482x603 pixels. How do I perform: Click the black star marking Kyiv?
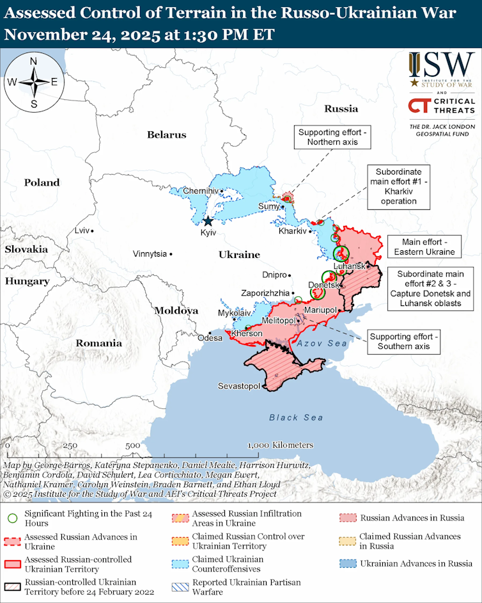(x=208, y=221)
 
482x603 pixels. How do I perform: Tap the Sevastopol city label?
(x=238, y=386)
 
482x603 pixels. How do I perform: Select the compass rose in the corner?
(x=33, y=81)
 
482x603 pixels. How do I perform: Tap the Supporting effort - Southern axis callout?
(x=404, y=342)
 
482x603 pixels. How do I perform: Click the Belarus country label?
(x=166, y=134)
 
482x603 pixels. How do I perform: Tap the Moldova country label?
(x=176, y=310)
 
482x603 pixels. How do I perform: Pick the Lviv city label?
(x=82, y=230)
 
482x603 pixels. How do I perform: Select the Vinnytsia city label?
(x=150, y=254)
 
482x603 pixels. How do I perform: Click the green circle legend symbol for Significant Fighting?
(x=12, y=515)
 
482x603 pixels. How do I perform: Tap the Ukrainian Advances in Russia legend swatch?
(x=348, y=564)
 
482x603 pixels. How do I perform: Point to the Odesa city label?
(x=210, y=337)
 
